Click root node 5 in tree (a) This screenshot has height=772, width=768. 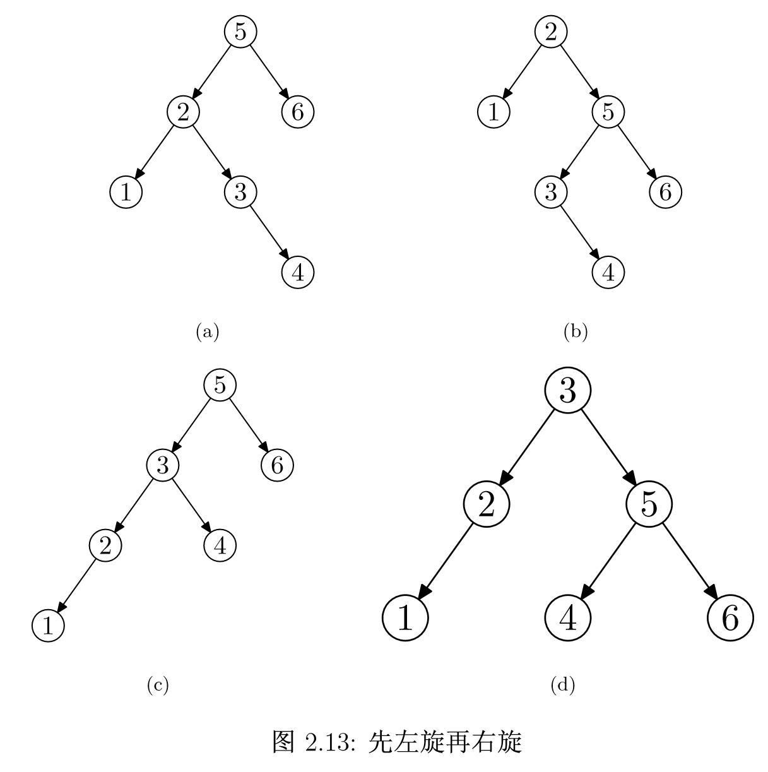240,32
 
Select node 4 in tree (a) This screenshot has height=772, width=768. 297,272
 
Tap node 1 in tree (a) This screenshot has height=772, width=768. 126,192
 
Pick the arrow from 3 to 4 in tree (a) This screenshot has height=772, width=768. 269,232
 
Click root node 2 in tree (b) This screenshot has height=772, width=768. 551,32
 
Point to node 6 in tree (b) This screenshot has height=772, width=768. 665,192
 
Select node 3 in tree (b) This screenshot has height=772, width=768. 551,192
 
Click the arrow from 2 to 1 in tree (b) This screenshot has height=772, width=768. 523,72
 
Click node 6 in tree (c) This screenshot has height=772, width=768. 277,465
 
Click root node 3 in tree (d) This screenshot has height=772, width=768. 568,391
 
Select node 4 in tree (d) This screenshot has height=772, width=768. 568,618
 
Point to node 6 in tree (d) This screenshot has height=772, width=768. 730,618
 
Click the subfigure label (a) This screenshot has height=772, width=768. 208,331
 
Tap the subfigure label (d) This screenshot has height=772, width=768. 563,684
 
